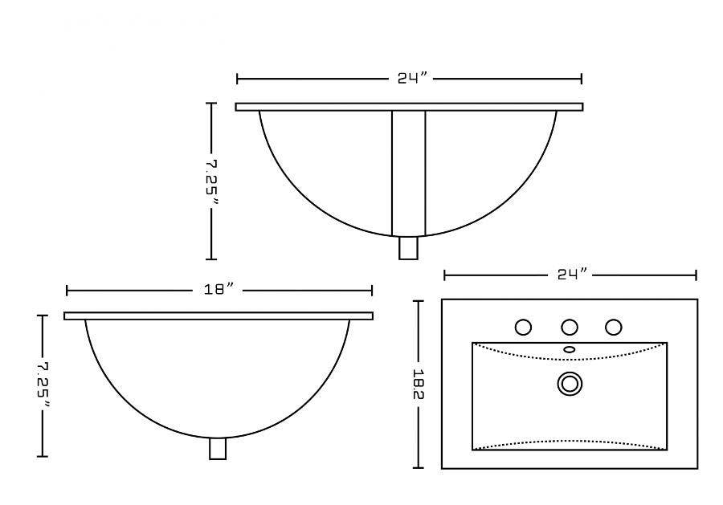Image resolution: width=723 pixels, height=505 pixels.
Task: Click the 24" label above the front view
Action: click(x=410, y=79)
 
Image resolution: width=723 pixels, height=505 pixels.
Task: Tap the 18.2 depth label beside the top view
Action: click(x=418, y=384)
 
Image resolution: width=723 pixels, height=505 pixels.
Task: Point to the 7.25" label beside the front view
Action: click(x=212, y=181)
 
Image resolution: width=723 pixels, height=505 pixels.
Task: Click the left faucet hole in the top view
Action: click(x=523, y=327)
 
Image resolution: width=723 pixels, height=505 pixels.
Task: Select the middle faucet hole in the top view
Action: click(x=570, y=327)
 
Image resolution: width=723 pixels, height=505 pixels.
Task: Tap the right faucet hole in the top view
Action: click(x=614, y=327)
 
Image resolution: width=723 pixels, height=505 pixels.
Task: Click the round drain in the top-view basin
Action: click(x=570, y=384)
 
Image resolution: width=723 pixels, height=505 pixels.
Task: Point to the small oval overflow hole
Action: click(x=570, y=349)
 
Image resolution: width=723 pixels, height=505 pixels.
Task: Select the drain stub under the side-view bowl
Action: click(x=217, y=448)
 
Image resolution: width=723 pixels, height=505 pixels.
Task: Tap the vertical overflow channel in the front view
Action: click(x=408, y=173)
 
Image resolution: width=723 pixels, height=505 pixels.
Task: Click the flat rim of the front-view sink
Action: click(x=409, y=107)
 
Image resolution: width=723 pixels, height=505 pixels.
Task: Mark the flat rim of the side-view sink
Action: click(x=219, y=316)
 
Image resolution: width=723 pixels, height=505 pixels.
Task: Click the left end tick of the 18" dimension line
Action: click(x=67, y=290)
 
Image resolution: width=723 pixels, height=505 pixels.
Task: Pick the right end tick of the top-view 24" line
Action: click(x=696, y=275)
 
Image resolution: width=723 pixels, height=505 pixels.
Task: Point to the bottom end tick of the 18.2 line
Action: click(x=418, y=467)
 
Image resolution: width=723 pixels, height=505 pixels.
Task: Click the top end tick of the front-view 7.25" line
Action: click(x=212, y=104)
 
